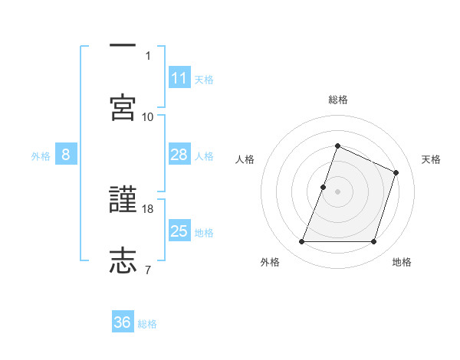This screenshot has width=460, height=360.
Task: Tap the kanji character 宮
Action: click(123, 107)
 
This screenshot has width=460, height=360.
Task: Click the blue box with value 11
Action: click(179, 78)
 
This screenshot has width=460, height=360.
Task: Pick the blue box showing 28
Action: click(179, 155)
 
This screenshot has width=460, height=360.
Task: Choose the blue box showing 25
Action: click(179, 232)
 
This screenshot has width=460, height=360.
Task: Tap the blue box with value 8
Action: click(66, 155)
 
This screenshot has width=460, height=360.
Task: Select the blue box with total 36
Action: click(123, 323)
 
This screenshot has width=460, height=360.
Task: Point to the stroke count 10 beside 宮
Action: click(148, 116)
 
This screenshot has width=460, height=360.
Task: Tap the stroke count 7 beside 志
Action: click(148, 269)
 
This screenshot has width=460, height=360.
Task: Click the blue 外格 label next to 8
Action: click(41, 156)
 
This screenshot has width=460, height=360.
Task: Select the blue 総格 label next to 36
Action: click(147, 324)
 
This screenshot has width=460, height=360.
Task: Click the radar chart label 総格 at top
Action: click(337, 100)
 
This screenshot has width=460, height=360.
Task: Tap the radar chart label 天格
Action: click(431, 159)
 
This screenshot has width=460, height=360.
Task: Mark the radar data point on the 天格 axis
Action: click(396, 172)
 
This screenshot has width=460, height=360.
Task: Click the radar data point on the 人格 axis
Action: click(324, 187)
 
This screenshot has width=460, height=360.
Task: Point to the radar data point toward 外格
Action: click(301, 242)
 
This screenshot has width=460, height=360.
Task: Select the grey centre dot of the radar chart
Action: click(337, 191)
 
